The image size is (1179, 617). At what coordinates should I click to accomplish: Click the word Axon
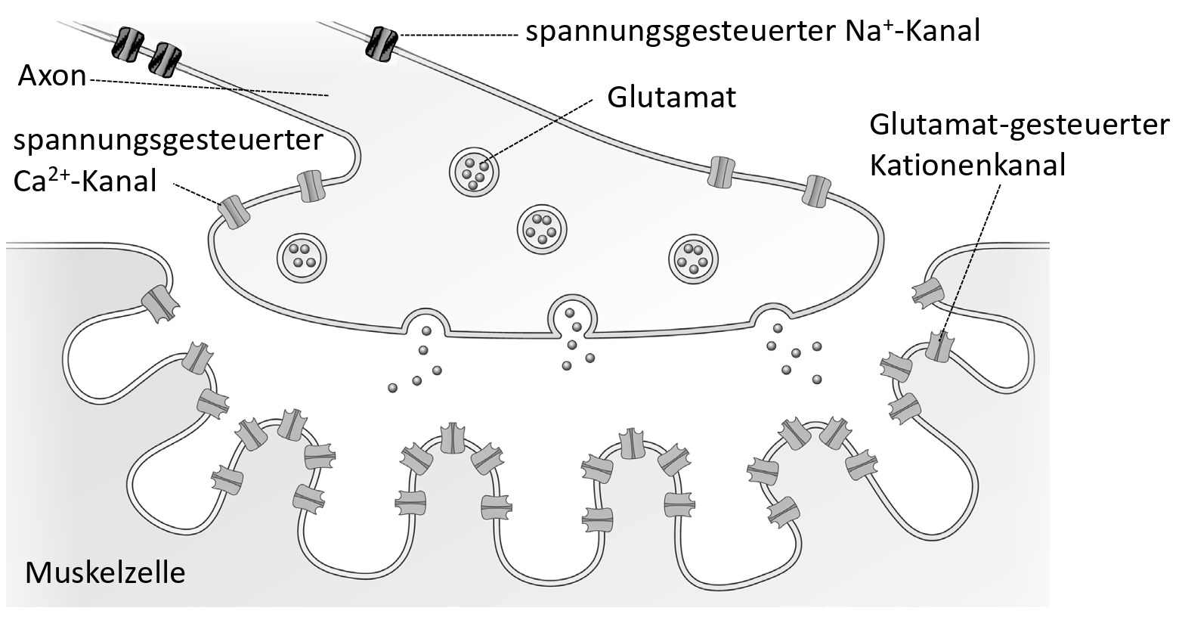52,76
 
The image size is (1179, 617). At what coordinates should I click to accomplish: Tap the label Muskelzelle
105,572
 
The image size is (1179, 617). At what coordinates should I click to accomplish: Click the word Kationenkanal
967,164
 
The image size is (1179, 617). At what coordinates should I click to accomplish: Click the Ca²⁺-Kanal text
85,181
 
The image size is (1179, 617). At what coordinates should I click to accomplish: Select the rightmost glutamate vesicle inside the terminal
693,256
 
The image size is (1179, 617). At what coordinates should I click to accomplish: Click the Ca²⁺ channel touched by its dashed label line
234,212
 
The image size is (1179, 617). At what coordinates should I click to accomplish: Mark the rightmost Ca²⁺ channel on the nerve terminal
817,191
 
